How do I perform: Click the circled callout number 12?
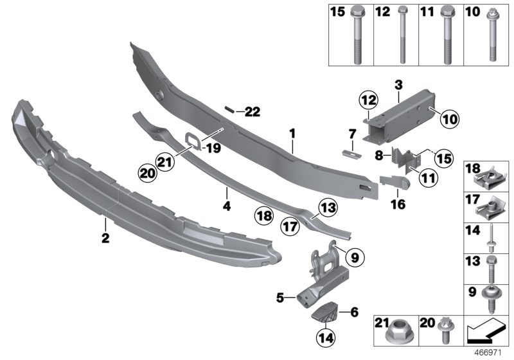click(368, 100)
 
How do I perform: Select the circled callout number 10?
click(450, 119)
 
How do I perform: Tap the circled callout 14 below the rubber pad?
click(326, 337)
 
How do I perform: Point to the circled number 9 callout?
click(355, 257)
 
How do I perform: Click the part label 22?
click(253, 112)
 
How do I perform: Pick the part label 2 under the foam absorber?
click(105, 238)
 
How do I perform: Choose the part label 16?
click(398, 204)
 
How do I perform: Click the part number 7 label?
click(352, 134)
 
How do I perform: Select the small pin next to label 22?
click(229, 109)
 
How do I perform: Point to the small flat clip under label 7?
click(351, 153)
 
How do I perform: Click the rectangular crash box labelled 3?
click(400, 115)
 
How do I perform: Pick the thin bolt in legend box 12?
click(402, 35)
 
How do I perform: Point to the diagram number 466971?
click(488, 353)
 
